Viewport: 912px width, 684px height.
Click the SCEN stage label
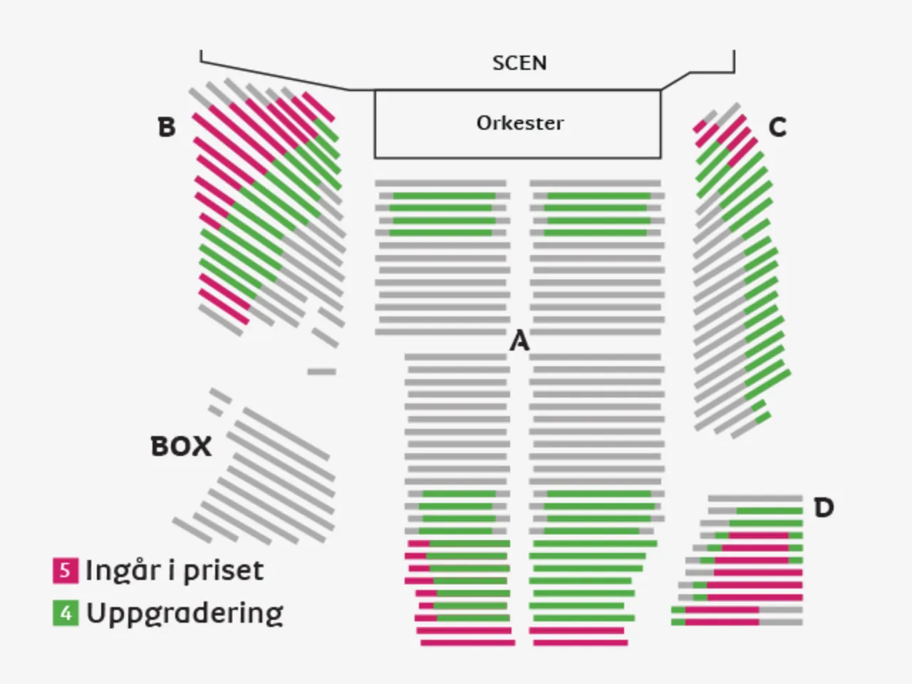pyautogui.click(x=519, y=63)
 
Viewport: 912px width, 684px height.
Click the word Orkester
pyautogui.click(x=519, y=123)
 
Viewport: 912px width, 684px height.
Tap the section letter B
pyautogui.click(x=166, y=128)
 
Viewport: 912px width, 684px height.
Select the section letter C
pyautogui.click(x=777, y=128)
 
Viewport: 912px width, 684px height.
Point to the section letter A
pyautogui.click(x=519, y=341)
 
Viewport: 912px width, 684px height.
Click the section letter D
pyautogui.click(x=824, y=508)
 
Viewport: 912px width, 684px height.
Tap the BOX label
pyautogui.click(x=181, y=447)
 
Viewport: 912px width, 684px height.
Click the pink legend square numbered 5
pyautogui.click(x=65, y=570)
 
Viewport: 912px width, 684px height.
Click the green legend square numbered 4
pyautogui.click(x=65, y=613)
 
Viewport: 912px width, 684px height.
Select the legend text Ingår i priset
pyautogui.click(x=175, y=570)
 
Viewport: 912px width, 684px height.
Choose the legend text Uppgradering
pyautogui.click(x=185, y=613)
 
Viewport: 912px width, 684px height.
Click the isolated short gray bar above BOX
pyautogui.click(x=321, y=371)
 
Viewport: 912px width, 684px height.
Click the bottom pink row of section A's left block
pyautogui.click(x=467, y=643)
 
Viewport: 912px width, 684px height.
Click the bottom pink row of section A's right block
pyautogui.click(x=581, y=643)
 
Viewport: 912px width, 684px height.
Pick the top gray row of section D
pyautogui.click(x=755, y=498)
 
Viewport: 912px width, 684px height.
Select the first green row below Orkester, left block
pyautogui.click(x=444, y=196)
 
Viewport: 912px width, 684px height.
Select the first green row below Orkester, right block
pyautogui.click(x=598, y=196)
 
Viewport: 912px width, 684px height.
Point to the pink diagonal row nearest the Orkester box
pyautogui.click(x=318, y=107)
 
